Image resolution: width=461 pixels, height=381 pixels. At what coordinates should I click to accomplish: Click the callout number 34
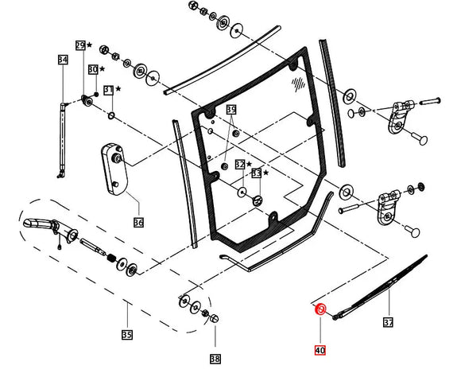point(63,60)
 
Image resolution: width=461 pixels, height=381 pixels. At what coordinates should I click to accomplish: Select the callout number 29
point(80,45)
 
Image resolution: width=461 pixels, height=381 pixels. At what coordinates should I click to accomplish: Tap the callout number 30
point(93,70)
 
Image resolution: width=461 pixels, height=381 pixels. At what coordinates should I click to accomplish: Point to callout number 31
point(109,90)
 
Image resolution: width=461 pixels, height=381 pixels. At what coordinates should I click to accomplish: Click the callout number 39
point(231,109)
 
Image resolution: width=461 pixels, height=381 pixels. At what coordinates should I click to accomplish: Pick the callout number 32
point(238,164)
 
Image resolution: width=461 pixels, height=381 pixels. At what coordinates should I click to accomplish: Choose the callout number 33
point(256,173)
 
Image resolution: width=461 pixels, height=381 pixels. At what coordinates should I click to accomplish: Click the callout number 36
point(138,223)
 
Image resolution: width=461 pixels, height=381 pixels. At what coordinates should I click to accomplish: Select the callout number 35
point(126,335)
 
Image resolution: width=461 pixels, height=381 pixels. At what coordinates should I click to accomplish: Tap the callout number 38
point(215,359)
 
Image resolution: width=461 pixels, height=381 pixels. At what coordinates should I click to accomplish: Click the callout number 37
point(388,323)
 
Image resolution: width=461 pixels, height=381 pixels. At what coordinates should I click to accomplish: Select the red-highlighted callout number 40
point(320,349)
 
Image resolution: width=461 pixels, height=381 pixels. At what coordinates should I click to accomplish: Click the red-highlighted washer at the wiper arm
point(320,309)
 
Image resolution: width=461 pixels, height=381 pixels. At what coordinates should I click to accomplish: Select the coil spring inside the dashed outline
point(113,259)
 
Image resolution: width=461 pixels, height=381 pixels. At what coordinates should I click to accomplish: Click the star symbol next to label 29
point(89,45)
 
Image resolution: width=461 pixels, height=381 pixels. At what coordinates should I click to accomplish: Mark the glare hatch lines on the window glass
point(298,82)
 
